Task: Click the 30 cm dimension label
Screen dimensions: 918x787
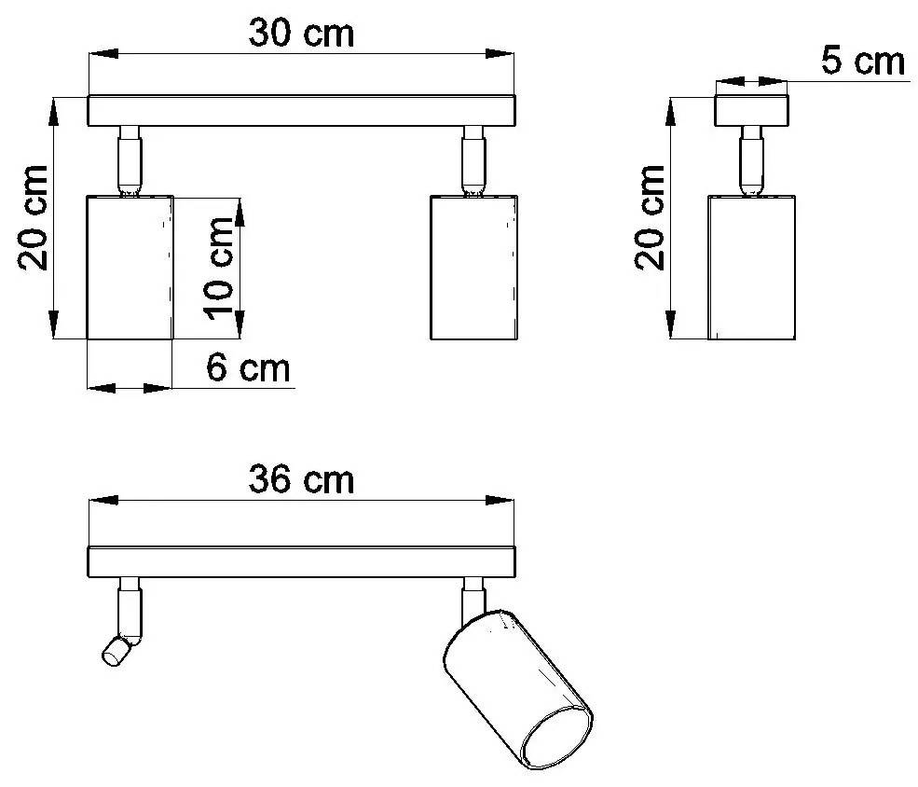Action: [302, 34]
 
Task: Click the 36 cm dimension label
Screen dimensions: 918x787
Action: [302, 480]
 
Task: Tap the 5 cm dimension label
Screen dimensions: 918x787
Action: [863, 62]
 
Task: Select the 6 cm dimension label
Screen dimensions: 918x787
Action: [248, 368]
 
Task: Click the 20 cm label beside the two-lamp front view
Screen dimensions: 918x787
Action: [33, 218]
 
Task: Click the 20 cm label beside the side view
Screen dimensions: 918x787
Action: [650, 217]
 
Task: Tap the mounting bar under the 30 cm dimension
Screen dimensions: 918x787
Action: [302, 111]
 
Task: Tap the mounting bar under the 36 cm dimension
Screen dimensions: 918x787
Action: [302, 562]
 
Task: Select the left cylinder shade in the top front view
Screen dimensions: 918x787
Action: [130, 267]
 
